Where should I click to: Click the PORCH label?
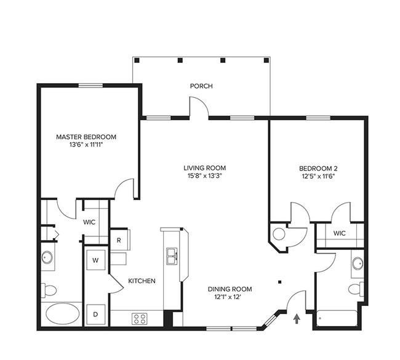[201, 86]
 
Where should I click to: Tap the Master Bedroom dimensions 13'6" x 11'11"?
[86, 145]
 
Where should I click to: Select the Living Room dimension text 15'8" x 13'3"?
[204, 176]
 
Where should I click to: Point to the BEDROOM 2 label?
[318, 169]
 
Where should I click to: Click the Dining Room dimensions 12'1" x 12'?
[228, 297]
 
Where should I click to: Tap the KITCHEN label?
[142, 281]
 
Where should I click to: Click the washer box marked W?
[95, 260]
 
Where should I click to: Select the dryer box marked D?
[95, 314]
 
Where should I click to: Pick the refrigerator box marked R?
[119, 240]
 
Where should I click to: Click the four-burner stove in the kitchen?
[140, 319]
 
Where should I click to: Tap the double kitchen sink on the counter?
[172, 256]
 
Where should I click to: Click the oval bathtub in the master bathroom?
[62, 314]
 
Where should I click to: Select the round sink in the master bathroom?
[47, 257]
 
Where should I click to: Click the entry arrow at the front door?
[297, 319]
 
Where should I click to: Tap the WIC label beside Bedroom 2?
[340, 233]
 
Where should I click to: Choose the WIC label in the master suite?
[89, 222]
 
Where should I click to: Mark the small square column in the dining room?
[280, 282]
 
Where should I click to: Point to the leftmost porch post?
[137, 60]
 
